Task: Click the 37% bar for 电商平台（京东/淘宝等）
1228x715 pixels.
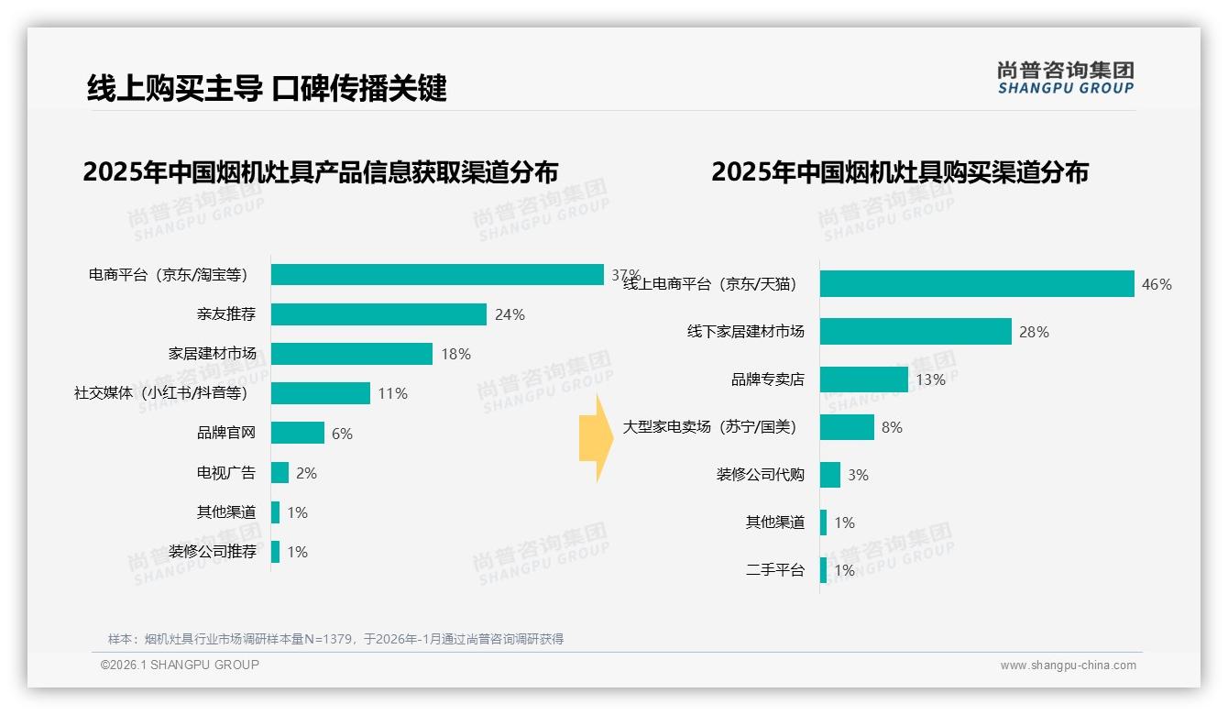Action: [437, 275]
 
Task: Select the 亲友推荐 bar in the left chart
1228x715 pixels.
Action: [378, 314]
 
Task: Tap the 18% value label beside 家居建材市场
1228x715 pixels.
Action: [455, 354]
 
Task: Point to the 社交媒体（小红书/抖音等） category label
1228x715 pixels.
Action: [161, 393]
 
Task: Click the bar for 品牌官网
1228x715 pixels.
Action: [298, 433]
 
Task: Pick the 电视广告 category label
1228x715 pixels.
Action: [226, 473]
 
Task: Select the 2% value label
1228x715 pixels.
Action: [306, 473]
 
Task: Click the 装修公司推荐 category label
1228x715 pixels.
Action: [213, 552]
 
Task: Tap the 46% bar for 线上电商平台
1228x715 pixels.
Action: [977, 284]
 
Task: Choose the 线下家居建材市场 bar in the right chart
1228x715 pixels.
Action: [916, 332]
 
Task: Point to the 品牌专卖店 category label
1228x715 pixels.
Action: [768, 379]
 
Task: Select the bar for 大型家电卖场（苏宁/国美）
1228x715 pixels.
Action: [847, 427]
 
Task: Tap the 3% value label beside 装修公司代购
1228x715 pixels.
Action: [858, 475]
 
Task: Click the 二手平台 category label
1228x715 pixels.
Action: [775, 570]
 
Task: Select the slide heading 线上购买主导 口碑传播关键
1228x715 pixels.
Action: [267, 88]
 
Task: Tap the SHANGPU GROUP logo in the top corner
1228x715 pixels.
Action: [1065, 77]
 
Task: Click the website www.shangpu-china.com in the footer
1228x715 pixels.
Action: [1068, 665]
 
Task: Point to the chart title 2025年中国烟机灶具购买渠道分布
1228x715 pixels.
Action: [900, 172]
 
